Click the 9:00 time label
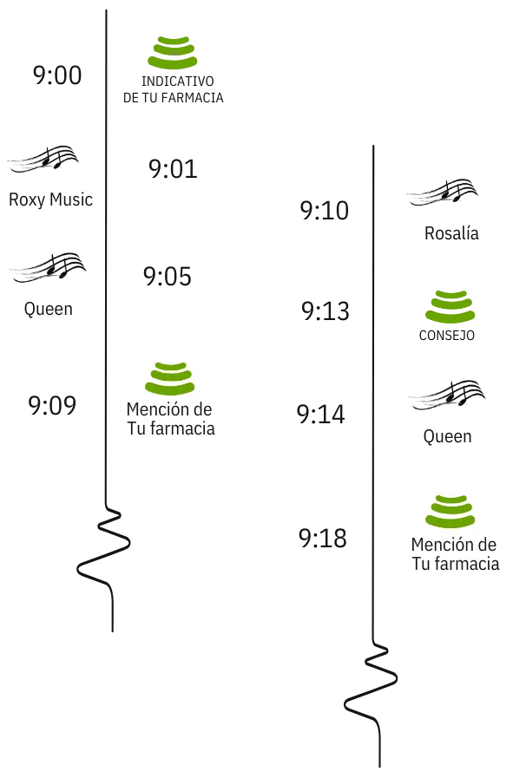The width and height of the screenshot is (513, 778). pyautogui.click(x=57, y=75)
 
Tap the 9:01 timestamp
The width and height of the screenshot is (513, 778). pyautogui.click(x=173, y=169)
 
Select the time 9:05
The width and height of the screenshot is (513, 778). pyautogui.click(x=168, y=277)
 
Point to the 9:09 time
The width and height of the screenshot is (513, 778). pyautogui.click(x=52, y=405)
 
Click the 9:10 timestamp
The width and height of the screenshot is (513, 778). pyautogui.click(x=325, y=211)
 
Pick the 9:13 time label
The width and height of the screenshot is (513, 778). pyautogui.click(x=326, y=311)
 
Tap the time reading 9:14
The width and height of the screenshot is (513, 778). pyautogui.click(x=321, y=415)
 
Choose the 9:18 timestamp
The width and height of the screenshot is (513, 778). pyautogui.click(x=323, y=539)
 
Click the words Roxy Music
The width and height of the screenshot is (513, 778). pyautogui.click(x=50, y=199)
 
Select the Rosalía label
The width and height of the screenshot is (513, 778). pyautogui.click(x=451, y=233)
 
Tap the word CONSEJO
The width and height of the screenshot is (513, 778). pyautogui.click(x=447, y=336)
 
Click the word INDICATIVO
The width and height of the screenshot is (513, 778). pyautogui.click(x=178, y=81)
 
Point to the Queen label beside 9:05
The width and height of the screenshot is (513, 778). pyautogui.click(x=48, y=309)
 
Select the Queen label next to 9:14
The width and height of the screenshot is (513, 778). pyautogui.click(x=447, y=436)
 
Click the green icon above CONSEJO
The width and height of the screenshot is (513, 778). pyautogui.click(x=450, y=307)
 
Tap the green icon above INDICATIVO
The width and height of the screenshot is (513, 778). pyautogui.click(x=173, y=53)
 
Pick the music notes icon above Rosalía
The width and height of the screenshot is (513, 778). pyautogui.click(x=442, y=193)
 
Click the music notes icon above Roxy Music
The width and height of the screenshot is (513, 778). pyautogui.click(x=43, y=160)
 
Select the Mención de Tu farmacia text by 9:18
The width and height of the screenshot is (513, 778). pyautogui.click(x=455, y=554)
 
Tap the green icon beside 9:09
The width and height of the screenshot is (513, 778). pyautogui.click(x=170, y=378)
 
